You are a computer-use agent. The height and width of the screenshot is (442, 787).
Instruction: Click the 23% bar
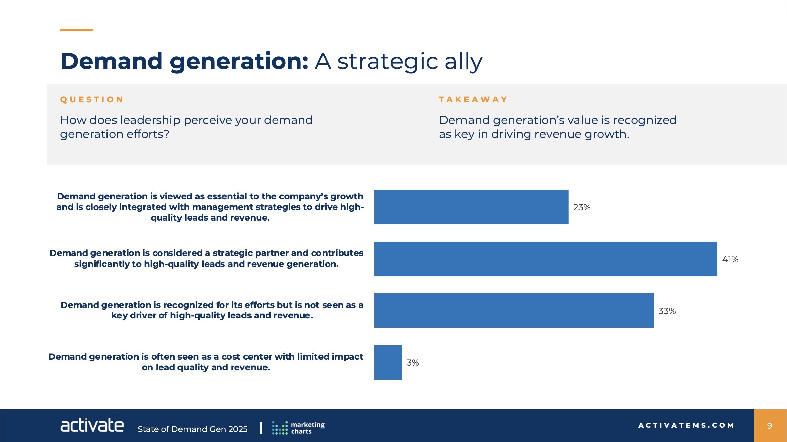pyautogui.click(x=471, y=207)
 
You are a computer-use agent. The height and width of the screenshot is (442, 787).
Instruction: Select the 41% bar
pyautogui.click(x=546, y=259)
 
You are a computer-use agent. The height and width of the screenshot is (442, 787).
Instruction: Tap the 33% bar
pyautogui.click(x=514, y=310)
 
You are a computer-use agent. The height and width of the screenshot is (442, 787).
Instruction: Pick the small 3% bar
pyautogui.click(x=388, y=362)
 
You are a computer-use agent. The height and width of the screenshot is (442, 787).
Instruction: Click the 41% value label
pyautogui.click(x=730, y=259)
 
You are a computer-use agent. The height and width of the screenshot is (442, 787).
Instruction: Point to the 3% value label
pyautogui.click(x=413, y=363)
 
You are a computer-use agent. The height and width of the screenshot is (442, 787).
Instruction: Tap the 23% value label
pyautogui.click(x=582, y=207)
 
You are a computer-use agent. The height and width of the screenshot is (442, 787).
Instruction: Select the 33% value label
pyautogui.click(x=667, y=311)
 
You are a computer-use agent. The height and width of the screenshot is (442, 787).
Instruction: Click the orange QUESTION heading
pyautogui.click(x=92, y=100)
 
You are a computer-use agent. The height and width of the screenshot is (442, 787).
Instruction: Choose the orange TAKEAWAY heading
pyautogui.click(x=473, y=100)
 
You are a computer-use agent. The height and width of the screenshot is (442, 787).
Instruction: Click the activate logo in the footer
pyautogui.click(x=92, y=425)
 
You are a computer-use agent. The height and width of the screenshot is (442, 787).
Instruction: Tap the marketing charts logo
pyautogui.click(x=298, y=428)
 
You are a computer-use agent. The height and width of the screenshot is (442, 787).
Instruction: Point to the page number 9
pyautogui.click(x=770, y=426)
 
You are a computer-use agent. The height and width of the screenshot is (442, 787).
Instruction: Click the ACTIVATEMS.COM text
pyautogui.click(x=686, y=425)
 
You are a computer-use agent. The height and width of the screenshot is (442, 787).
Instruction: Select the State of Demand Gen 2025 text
pyautogui.click(x=193, y=429)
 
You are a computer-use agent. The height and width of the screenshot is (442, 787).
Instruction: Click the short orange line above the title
pyautogui.click(x=77, y=30)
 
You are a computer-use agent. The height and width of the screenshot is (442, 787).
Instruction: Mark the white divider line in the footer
pyautogui.click(x=261, y=428)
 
